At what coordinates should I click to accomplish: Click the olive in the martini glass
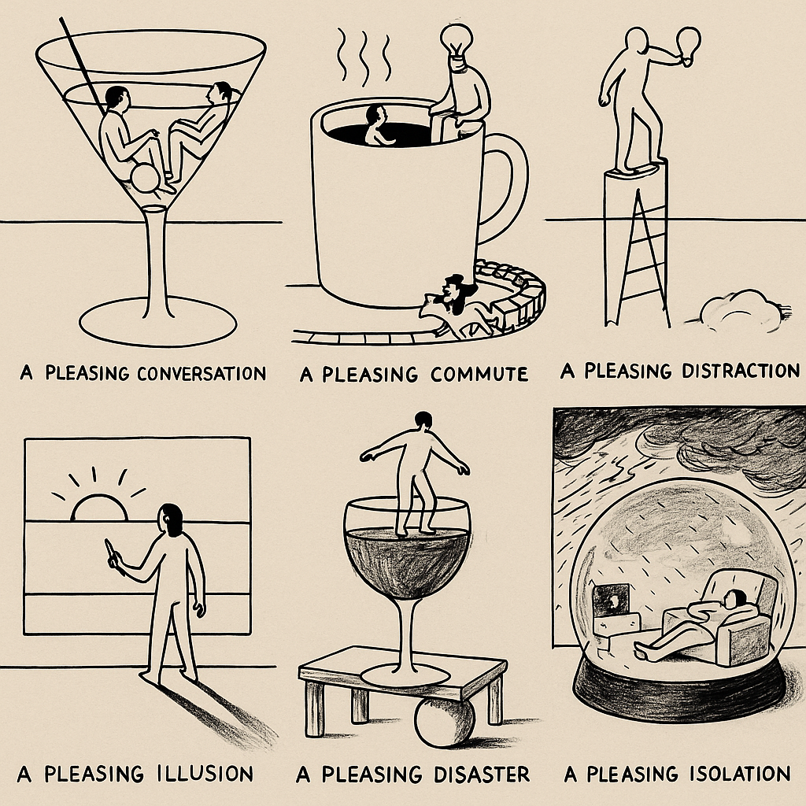tap(146, 178)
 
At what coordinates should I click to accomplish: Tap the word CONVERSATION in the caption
tap(202, 373)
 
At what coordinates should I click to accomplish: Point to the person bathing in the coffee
tap(377, 126)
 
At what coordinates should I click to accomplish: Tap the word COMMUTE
tap(479, 374)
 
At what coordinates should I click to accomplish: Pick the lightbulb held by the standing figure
tap(688, 45)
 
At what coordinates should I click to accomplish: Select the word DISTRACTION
tap(741, 371)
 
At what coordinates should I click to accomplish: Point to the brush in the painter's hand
tap(111, 553)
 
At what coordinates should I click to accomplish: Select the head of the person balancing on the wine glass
tap(423, 419)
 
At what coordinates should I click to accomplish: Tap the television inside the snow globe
tap(611, 599)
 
